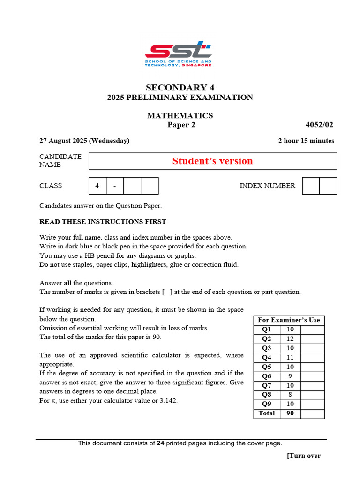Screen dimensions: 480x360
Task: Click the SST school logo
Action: click(x=178, y=53)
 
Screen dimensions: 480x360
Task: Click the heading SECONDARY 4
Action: click(x=180, y=88)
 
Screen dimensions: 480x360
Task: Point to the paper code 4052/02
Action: click(x=320, y=125)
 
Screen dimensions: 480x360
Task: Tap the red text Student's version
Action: click(x=212, y=161)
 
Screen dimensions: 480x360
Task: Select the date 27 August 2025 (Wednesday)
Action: click(x=84, y=141)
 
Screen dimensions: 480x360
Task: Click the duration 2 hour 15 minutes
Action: click(x=306, y=141)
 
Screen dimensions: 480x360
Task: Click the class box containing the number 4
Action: click(x=97, y=186)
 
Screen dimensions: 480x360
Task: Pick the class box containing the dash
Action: click(x=114, y=186)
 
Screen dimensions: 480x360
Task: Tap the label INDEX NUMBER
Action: click(x=268, y=186)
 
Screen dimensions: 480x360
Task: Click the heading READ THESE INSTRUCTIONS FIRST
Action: click(x=103, y=222)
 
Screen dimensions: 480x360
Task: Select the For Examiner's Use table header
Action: click(x=289, y=320)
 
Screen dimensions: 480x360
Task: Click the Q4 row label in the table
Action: click(x=266, y=358)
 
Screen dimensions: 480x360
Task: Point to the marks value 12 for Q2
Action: click(x=290, y=339)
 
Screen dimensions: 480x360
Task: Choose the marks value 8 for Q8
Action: click(x=290, y=395)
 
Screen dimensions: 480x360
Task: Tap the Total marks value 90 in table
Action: click(x=290, y=413)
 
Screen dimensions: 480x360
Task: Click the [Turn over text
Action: click(x=304, y=456)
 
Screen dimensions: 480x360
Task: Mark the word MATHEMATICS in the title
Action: click(x=180, y=115)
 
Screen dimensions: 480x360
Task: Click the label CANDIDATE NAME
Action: click(x=60, y=160)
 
